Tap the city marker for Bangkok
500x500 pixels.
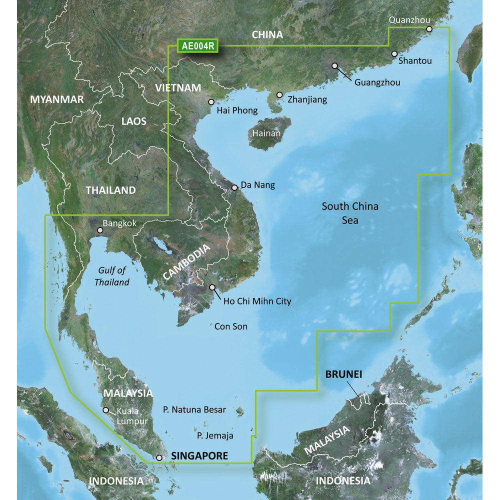click(100, 230)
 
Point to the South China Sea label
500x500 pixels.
click(350, 212)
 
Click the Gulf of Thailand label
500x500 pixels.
click(112, 276)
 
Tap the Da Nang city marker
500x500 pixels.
click(234, 188)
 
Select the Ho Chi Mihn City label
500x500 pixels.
click(257, 301)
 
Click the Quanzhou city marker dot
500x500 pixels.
click(429, 29)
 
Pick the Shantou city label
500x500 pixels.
click(415, 61)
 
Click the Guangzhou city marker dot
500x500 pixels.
click(334, 65)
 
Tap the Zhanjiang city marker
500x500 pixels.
click(279, 94)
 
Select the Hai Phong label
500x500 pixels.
click(237, 110)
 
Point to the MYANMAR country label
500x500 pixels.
click(57, 99)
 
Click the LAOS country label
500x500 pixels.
click(134, 121)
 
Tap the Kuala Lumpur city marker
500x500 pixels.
click(105, 410)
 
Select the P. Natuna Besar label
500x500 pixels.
click(194, 409)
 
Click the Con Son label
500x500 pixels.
click(231, 326)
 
